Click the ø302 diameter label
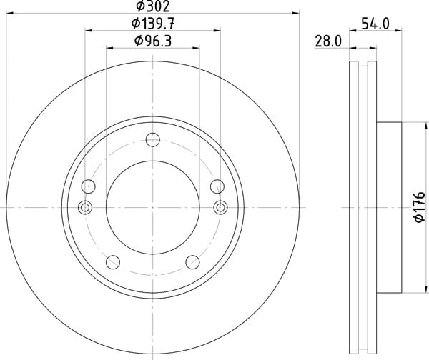[x=153, y=6]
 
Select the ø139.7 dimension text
[x=153, y=24]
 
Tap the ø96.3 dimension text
[x=153, y=41]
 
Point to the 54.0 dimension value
[x=375, y=24]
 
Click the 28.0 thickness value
[x=328, y=41]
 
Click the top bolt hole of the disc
[x=153, y=140]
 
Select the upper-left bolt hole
[x=89, y=186]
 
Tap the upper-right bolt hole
[x=217, y=186]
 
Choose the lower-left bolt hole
[x=113, y=262]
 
